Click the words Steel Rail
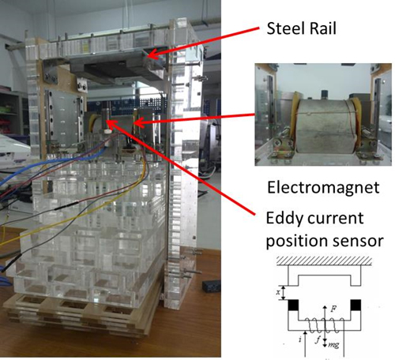pyautogui.click(x=302, y=28)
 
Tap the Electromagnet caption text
pyautogui.click(x=323, y=188)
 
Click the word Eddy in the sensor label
pyautogui.click(x=284, y=219)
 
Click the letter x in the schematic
pyautogui.click(x=278, y=292)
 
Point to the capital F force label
pyautogui.click(x=333, y=309)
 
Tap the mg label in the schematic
pyautogui.click(x=333, y=344)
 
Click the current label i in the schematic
pyautogui.click(x=300, y=339)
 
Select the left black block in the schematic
pyautogui.click(x=293, y=305)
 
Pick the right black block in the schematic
pyautogui.click(x=355, y=305)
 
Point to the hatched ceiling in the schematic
pyautogui.click(x=324, y=261)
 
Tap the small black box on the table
pyautogui.click(x=211, y=286)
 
